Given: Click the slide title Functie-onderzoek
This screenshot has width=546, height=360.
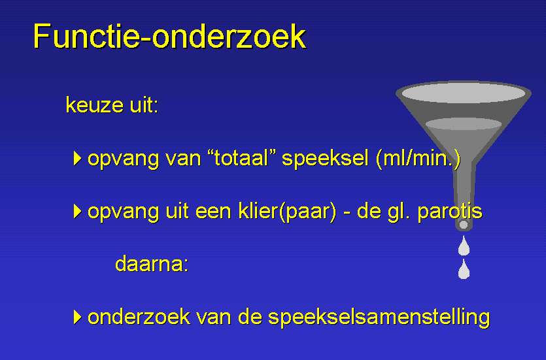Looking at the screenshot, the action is (x=169, y=37).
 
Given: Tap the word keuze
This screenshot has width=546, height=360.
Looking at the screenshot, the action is (x=95, y=105).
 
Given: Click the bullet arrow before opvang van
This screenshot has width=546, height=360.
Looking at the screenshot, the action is (x=78, y=158).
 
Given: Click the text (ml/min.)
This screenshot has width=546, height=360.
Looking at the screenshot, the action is (x=418, y=158).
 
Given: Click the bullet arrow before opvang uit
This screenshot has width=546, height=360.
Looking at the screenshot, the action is (x=78, y=211).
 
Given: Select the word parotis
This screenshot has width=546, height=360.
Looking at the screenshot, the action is (x=450, y=212).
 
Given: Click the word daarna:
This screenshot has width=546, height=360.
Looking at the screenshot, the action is (x=152, y=264).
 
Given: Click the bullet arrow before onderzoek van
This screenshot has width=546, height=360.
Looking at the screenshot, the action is (x=78, y=317).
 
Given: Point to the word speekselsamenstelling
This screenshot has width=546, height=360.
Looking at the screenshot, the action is (x=379, y=318).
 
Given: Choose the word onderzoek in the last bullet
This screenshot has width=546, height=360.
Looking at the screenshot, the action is (x=139, y=317).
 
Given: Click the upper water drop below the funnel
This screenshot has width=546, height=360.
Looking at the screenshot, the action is (x=464, y=246).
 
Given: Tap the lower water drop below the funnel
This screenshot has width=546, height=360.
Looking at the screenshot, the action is (x=464, y=269).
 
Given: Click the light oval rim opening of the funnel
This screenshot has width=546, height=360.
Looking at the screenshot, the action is (x=464, y=93).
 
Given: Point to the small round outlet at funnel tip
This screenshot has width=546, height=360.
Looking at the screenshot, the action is (x=464, y=225).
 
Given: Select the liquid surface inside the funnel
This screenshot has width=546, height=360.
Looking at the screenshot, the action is (x=464, y=124).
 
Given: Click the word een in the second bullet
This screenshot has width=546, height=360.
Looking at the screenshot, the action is (x=213, y=212).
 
